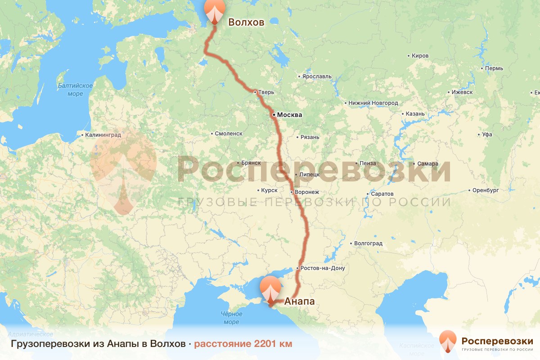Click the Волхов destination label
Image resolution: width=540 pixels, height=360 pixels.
pos(246,22)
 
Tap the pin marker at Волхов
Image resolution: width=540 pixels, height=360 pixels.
pos(215,11)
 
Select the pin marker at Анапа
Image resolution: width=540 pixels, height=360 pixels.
pos(270,290)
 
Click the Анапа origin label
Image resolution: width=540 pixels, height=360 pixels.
pos(299,301)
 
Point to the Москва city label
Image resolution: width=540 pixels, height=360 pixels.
pos(289,115)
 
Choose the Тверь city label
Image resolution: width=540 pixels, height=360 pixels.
pos(265,92)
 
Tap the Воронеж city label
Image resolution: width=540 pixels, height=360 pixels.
pos(307,192)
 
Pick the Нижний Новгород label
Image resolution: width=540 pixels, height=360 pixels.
pos(373,103)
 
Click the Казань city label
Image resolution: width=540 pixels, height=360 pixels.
pos(415,114)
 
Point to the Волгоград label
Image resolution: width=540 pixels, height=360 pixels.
pos(368,243)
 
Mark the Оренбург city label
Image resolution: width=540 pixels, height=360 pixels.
pos(486,190)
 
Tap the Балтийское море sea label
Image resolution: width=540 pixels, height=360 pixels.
pos(75,90)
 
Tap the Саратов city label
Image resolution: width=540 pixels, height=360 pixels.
pos(383,194)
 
